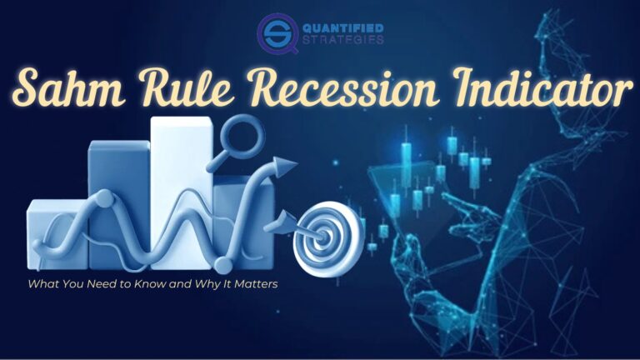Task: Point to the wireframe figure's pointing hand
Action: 454,204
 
